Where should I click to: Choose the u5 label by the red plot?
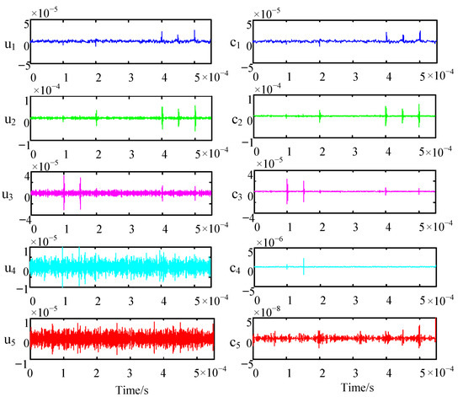9,341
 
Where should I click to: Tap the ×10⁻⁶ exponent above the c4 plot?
271,238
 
